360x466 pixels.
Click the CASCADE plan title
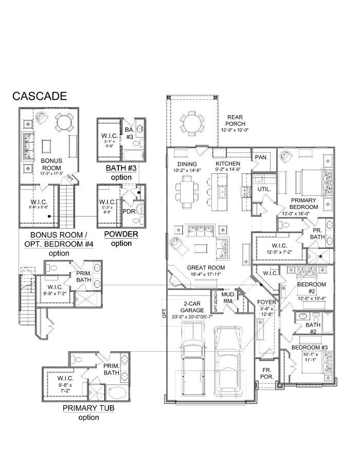pos(40,96)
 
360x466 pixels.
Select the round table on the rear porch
pos(192,122)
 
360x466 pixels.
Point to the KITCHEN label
pos(228,163)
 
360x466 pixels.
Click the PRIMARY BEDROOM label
pos(304,203)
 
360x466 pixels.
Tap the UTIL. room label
pos(264,189)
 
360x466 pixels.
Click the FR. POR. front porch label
pos(265,373)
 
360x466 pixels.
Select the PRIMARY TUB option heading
pos(88,408)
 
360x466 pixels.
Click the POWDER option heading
pos(121,234)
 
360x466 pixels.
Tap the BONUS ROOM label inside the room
pos(51,164)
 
